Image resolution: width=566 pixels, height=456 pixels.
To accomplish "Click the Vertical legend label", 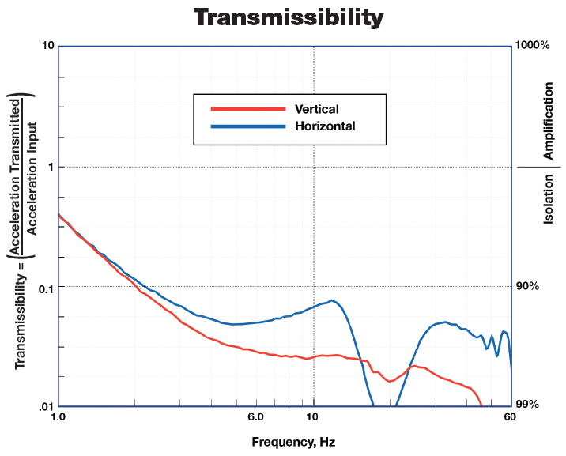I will (316, 109).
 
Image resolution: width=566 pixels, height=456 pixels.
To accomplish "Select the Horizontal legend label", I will (325, 126).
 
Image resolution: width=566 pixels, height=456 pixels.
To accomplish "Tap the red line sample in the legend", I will (246, 109).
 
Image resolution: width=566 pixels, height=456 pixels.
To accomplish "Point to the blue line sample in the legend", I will (246, 126).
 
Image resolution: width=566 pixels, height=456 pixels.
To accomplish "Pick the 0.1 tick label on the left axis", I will (44, 288).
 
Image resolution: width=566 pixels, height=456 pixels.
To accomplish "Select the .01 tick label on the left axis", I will (44, 406).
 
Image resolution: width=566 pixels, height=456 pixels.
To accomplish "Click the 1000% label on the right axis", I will (532, 46).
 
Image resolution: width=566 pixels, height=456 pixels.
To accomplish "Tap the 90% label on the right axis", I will (527, 286).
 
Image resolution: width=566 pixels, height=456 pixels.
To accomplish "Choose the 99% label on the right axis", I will (527, 405).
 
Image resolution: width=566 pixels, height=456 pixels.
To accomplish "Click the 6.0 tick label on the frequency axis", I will (255, 416).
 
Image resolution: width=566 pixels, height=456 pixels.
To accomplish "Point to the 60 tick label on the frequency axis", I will (511, 416).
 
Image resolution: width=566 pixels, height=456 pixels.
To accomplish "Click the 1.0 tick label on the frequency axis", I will (58, 416).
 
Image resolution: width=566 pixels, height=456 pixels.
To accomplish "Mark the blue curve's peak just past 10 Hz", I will (332, 300).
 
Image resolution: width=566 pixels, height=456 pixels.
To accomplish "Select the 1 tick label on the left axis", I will (50, 167).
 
